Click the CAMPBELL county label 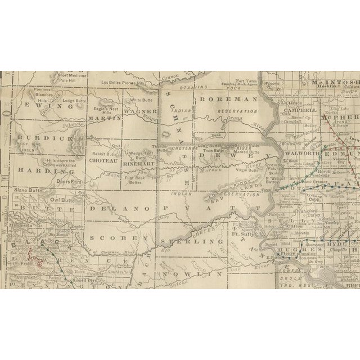(300, 112)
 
